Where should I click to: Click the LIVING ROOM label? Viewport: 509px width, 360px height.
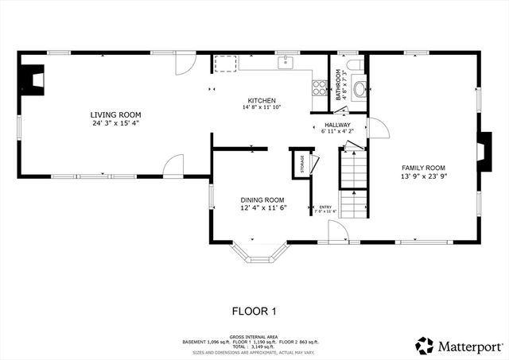(x=119, y=114)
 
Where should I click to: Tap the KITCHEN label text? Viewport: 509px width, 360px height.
(x=261, y=99)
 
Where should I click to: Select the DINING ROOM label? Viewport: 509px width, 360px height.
(x=263, y=199)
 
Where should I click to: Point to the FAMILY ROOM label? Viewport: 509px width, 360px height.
(x=422, y=168)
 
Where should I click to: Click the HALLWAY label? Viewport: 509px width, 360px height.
(x=338, y=125)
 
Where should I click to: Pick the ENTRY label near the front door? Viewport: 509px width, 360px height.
(x=324, y=207)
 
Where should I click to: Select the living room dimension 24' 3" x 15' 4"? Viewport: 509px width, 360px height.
(x=119, y=123)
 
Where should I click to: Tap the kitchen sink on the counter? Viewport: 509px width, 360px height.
(x=286, y=62)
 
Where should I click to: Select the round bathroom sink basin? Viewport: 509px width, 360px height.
(x=359, y=88)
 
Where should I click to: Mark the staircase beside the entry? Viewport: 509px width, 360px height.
(x=354, y=183)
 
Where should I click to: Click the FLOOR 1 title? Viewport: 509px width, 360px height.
(x=254, y=311)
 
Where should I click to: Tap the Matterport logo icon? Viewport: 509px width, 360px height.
(x=425, y=346)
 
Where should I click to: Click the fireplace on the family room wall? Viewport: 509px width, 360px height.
(x=481, y=149)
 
